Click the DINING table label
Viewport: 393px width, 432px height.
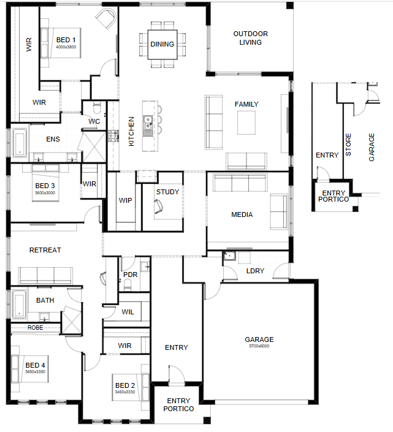pos(162,44)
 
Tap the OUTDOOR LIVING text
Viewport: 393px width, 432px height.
pos(250,38)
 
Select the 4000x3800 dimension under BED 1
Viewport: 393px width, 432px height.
pos(66,47)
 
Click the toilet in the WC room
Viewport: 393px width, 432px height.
pos(97,108)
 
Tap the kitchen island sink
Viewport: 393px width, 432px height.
pos(148,126)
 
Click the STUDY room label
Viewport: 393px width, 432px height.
pos(167,192)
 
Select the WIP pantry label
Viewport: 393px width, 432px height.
pos(126,200)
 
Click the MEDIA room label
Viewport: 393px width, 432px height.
pos(242,214)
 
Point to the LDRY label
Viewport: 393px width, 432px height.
pos(255,271)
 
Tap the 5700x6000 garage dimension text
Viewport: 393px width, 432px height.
pos(259,346)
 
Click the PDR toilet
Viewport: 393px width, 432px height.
pos(128,284)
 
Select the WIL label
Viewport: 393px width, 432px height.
pos(128,312)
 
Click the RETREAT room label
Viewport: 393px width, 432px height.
pos(45,250)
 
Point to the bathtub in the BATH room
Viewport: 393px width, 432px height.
pos(19,305)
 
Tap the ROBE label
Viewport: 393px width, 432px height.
pos(36,328)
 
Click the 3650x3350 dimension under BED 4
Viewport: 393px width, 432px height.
pos(35,372)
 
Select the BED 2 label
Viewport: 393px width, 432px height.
pos(125,385)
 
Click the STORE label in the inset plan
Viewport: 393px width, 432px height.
pos(348,145)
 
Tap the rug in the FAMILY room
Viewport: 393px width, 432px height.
pos(246,123)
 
